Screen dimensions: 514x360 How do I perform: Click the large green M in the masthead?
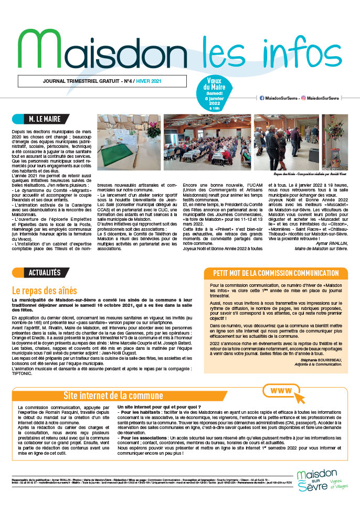click(39, 45)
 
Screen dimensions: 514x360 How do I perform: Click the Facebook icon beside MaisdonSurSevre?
click(262, 98)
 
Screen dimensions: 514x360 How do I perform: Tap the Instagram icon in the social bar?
click(304, 98)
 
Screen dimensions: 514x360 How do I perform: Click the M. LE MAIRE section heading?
click(43, 119)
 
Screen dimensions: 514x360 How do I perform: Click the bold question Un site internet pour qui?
click(160, 406)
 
